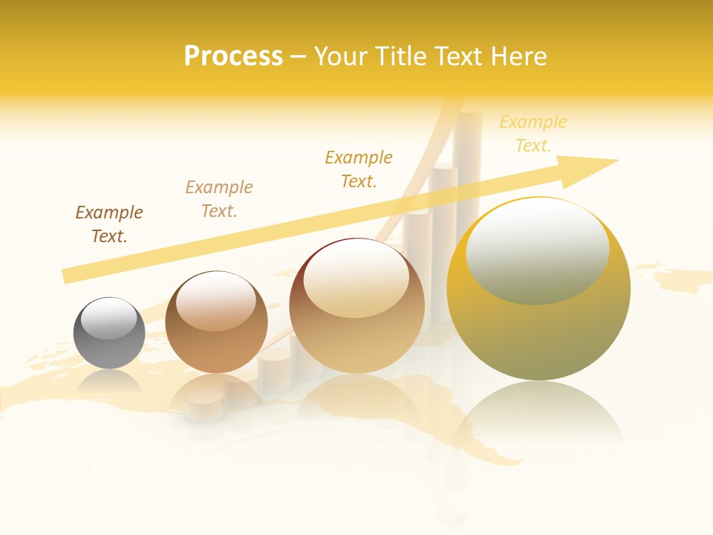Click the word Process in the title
coord(233,56)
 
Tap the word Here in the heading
coord(518,56)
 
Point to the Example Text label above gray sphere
coord(109,224)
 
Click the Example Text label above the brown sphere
coord(219,199)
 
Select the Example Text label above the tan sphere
coord(359,169)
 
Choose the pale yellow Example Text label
coord(533,134)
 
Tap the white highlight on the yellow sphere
coord(538,249)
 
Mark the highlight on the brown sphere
coord(216,301)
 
